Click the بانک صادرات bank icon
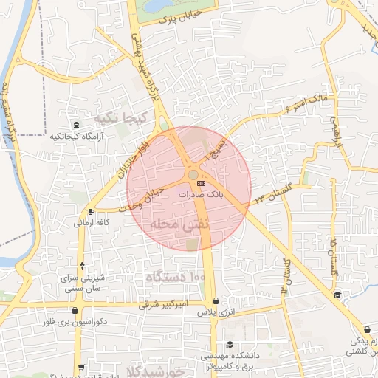pos(202,182)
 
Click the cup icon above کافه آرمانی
pos(80,210)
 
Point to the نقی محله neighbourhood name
pos(180,222)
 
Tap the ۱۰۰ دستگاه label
pos(176,276)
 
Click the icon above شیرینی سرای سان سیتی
pos(82,266)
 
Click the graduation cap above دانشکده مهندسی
pos(230,345)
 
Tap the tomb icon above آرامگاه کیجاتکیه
pos(75,125)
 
